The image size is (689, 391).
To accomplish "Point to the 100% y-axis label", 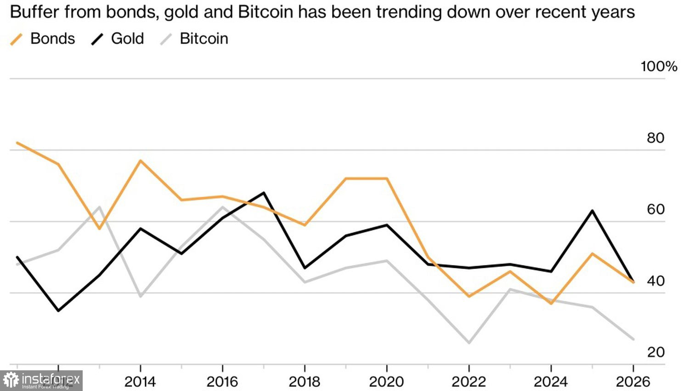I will [x=659, y=67].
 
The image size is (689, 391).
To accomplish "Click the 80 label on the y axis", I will [x=655, y=138].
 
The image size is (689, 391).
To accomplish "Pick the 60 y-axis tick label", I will [x=655, y=209].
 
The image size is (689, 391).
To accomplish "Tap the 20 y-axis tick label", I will [x=655, y=352].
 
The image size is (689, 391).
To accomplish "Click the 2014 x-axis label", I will [x=140, y=381].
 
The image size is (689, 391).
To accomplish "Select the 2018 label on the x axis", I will [x=305, y=381].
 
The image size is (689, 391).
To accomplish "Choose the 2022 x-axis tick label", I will [x=469, y=381].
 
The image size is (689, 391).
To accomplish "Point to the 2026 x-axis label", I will [x=633, y=381].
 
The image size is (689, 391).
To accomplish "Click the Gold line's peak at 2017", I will [x=264, y=193].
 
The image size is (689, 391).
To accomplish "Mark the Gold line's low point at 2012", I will [x=58, y=311].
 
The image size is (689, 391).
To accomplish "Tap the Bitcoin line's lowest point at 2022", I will [x=469, y=343].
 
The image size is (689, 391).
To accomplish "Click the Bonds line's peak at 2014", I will [x=140, y=161].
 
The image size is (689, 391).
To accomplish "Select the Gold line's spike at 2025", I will [x=593, y=211].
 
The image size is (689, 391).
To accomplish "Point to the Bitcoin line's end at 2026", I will [x=633, y=339].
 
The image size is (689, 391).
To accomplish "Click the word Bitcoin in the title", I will [x=265, y=12].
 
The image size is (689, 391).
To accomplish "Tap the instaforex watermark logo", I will [x=41, y=380].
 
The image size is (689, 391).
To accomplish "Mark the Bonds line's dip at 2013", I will [x=99, y=229].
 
